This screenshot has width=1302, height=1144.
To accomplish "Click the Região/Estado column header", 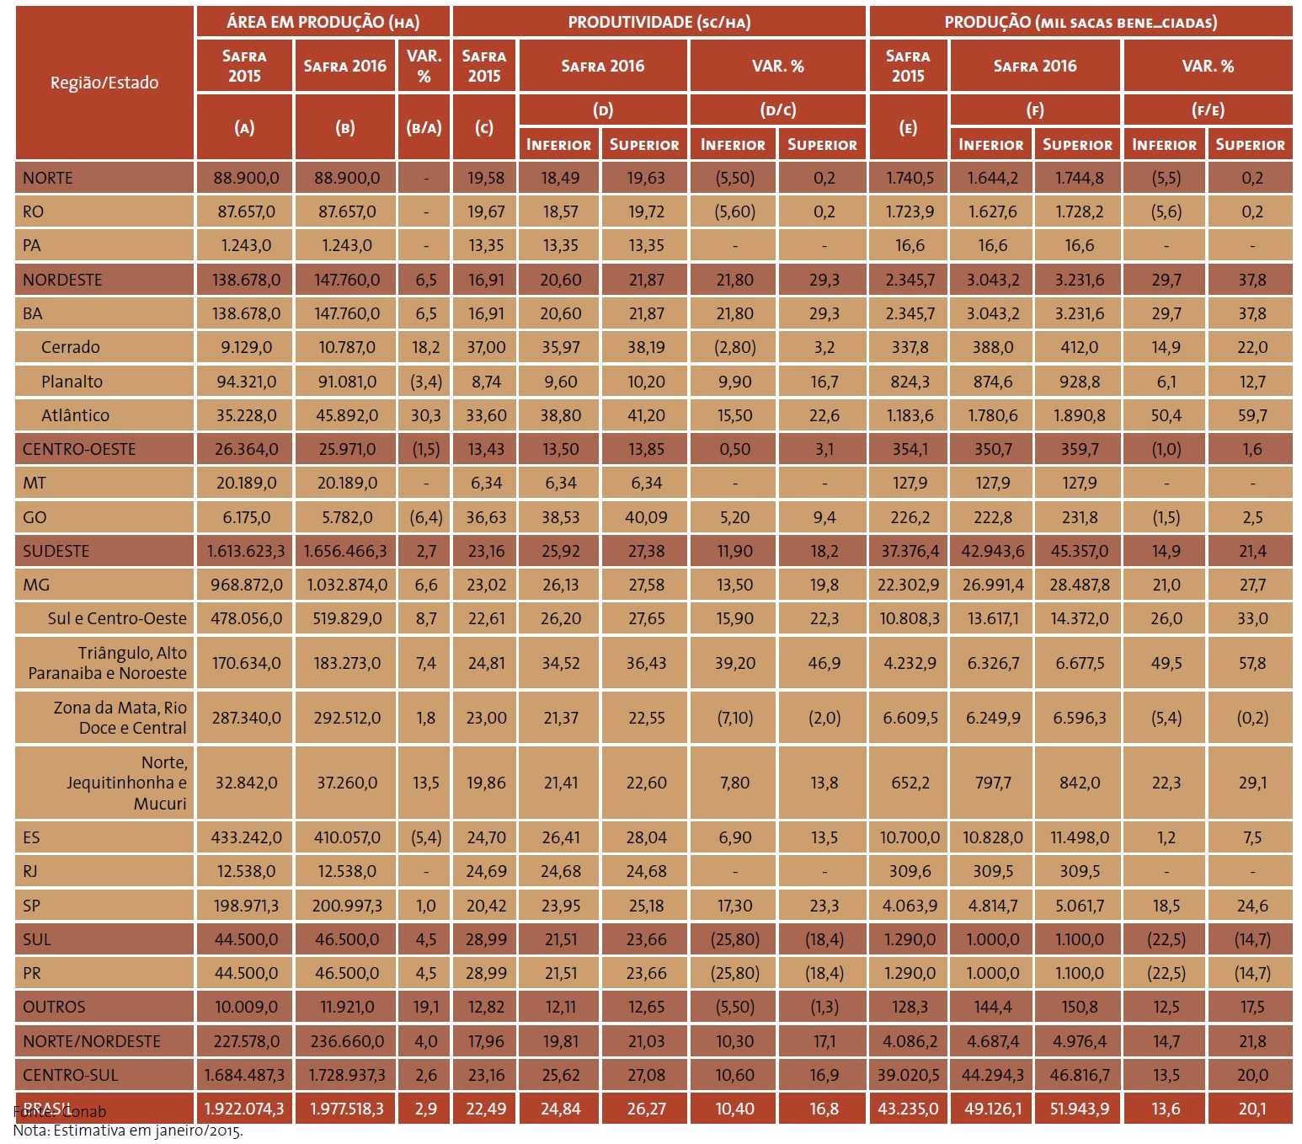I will tap(104, 83).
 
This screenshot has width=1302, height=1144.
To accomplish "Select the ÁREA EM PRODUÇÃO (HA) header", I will tap(323, 22).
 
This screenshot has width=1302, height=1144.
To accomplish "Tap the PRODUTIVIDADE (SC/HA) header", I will tap(659, 22).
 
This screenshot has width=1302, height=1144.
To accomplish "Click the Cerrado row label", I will tap(71, 347).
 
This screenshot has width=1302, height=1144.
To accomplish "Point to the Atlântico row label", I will tap(75, 415).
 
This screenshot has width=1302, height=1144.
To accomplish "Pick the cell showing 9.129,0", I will tap(246, 347).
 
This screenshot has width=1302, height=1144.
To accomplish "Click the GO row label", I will tap(35, 517).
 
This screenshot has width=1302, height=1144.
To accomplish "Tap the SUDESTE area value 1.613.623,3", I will tap(246, 551).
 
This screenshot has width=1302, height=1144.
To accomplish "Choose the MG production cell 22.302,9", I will tap(908, 585).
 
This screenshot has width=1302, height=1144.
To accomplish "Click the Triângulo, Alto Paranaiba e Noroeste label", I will tap(107, 663).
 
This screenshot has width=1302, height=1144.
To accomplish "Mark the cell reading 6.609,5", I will tap(910, 718).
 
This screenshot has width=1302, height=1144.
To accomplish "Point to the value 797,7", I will tap(993, 783).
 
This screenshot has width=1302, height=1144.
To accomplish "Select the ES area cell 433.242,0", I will tap(246, 837).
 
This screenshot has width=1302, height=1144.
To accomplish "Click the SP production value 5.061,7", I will tap(1079, 906).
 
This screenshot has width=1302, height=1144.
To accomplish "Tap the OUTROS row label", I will tap(54, 1007).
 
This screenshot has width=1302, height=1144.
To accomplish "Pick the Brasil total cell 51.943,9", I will tap(1079, 1109).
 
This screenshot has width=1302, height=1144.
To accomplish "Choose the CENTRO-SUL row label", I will tap(70, 1075).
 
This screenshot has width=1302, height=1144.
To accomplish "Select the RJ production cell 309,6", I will tap(910, 871).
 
